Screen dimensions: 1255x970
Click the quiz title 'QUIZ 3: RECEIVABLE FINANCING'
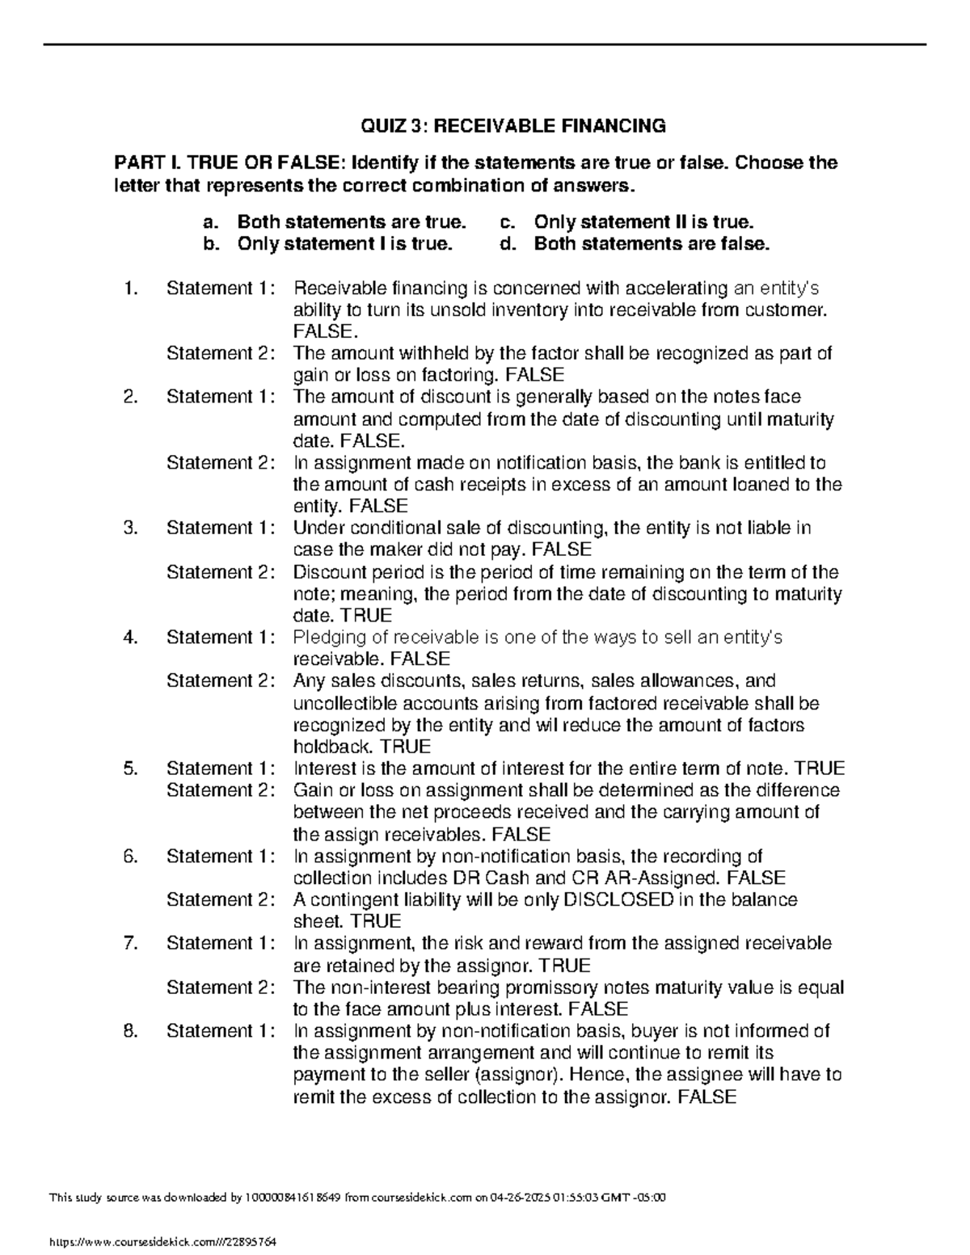point(512,125)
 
